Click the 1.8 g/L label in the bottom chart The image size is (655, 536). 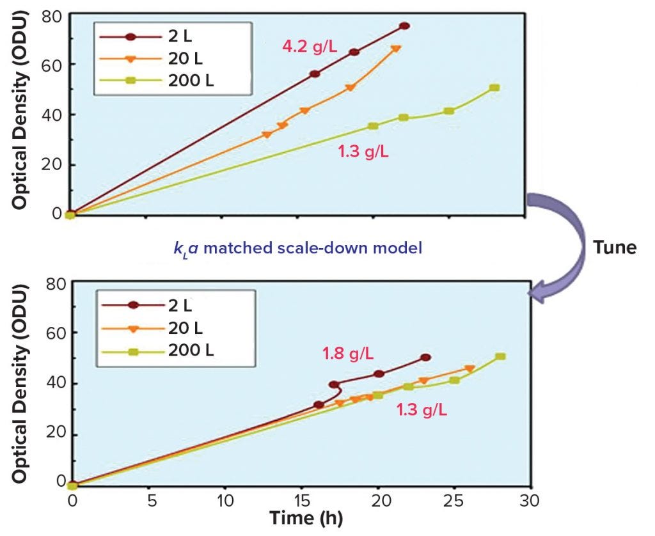[348, 352]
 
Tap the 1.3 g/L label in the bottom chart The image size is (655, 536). [422, 409]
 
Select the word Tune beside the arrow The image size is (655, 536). [615, 248]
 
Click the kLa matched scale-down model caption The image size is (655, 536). [297, 248]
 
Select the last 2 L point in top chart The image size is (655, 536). [404, 26]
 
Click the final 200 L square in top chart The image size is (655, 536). [494, 88]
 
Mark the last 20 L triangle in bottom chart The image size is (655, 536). [470, 369]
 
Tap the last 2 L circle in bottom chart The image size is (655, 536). [426, 358]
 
